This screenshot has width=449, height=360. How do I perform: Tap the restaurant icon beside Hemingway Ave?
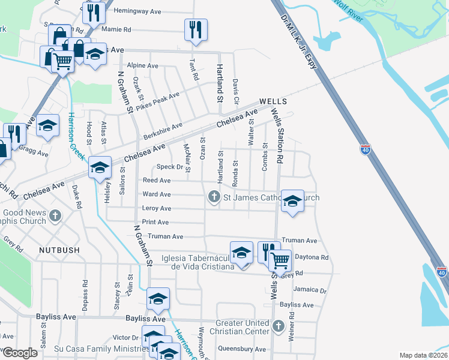coord(94,13)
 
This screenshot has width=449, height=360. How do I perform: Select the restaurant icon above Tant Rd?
coord(196,29)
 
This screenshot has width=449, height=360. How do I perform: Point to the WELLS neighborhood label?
coord(273,101)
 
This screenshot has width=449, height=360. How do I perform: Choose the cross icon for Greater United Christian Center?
coord(277,326)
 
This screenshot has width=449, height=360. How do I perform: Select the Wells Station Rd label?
coord(277,136)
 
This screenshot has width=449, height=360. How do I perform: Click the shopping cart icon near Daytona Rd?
coord(280,260)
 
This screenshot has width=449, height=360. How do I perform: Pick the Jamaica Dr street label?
coord(310,290)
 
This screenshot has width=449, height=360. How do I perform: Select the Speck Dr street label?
coord(169,167)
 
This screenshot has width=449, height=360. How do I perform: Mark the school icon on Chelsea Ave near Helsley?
coord(100,167)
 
